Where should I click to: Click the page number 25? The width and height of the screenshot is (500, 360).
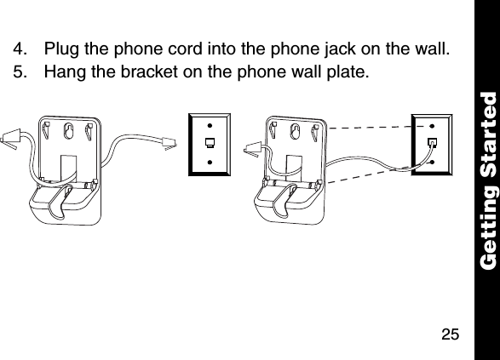click(451, 332)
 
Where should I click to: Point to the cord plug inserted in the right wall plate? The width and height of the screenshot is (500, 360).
click(432, 142)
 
